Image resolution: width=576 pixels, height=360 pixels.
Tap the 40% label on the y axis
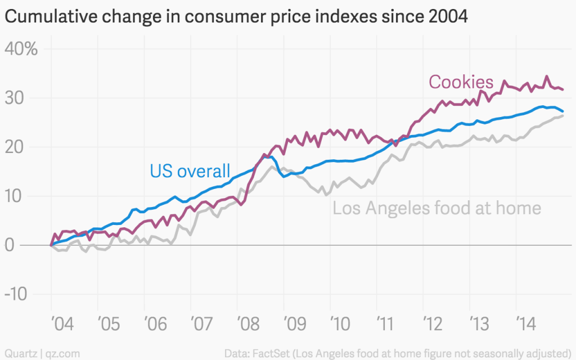point(21,49)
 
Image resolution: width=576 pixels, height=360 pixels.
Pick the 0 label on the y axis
point(10,246)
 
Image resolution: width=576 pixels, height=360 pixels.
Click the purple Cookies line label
point(461,82)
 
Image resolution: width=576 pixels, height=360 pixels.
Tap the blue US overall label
point(190,170)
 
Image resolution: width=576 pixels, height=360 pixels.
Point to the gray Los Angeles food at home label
point(436,209)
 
